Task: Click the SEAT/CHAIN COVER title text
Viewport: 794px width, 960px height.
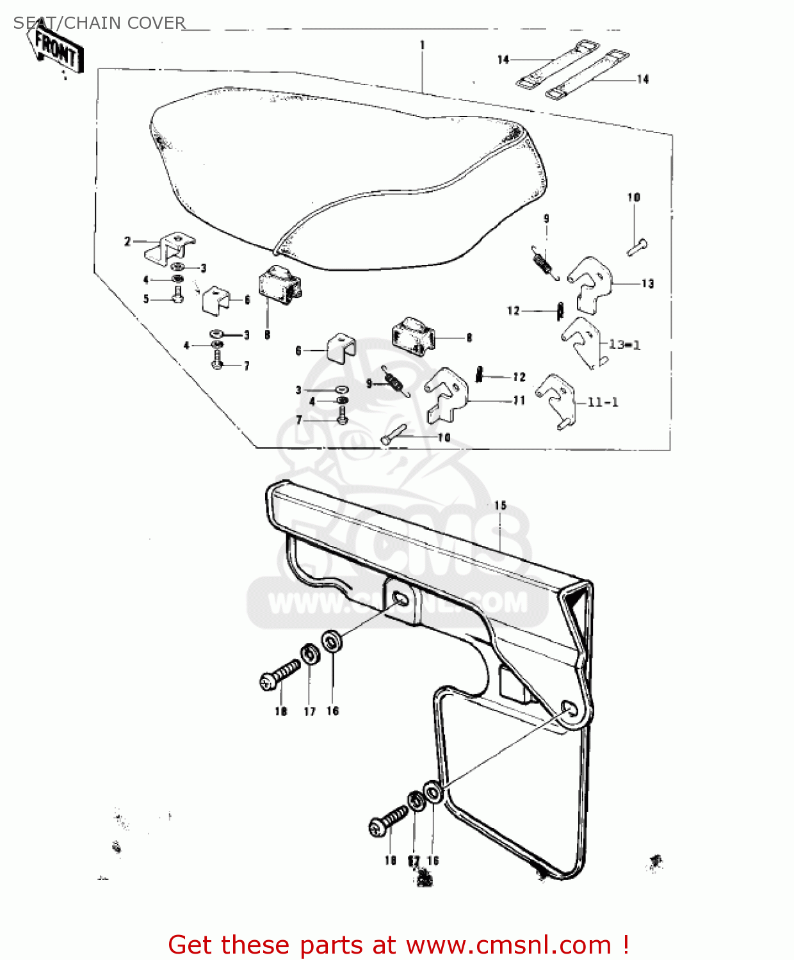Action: click(x=99, y=23)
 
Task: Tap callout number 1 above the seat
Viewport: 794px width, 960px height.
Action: click(x=423, y=45)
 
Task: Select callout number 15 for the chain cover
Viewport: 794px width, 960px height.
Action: click(x=500, y=506)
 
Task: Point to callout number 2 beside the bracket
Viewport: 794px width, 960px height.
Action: click(x=127, y=241)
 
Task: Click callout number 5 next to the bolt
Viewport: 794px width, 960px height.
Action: click(x=146, y=299)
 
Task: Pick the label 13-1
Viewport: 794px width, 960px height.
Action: click(x=624, y=345)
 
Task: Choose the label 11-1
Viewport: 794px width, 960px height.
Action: click(x=603, y=403)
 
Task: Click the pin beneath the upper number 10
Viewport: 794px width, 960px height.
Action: click(x=638, y=246)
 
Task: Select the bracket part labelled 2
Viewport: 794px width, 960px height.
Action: click(x=169, y=249)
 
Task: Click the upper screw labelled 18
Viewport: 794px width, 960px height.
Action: click(x=280, y=676)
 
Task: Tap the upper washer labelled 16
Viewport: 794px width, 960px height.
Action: click(x=331, y=641)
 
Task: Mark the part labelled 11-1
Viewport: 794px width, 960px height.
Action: click(x=557, y=400)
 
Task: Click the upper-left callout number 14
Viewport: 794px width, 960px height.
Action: click(x=503, y=60)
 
